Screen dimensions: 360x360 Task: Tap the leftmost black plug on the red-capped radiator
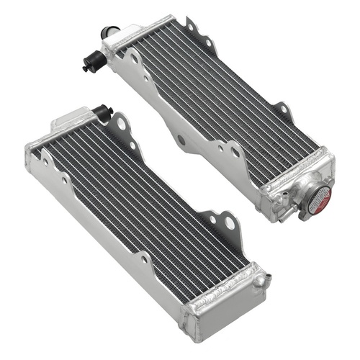pyautogui.click(x=88, y=64)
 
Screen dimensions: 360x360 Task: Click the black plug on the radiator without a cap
pyautogui.click(x=103, y=113)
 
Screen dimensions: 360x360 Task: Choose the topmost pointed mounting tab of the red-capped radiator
pyautogui.click(x=191, y=27)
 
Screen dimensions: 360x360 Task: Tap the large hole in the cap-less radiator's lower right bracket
pyautogui.click(x=229, y=224)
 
